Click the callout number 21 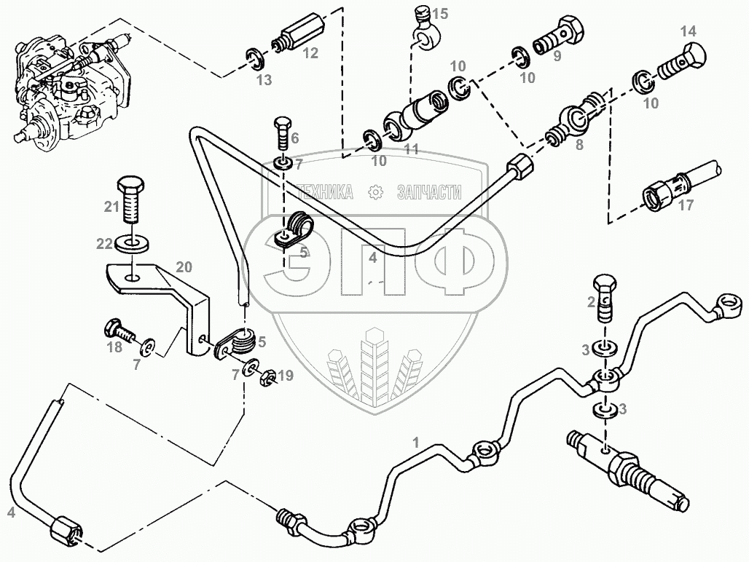(111, 207)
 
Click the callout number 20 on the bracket (184, 267)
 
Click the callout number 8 (579, 144)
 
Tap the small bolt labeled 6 (282, 135)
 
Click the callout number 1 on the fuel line (416, 442)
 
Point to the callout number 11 (412, 149)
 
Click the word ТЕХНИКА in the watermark (326, 191)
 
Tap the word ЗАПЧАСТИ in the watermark (429, 191)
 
